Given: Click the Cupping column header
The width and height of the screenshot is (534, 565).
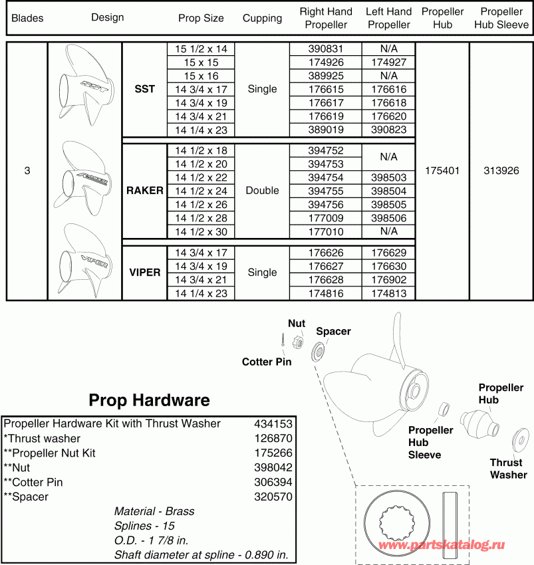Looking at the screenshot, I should pyautogui.click(x=262, y=18).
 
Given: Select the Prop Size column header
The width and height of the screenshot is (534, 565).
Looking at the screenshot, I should pyautogui.click(x=201, y=18).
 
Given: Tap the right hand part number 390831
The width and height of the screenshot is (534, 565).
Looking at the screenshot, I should pyautogui.click(x=325, y=49).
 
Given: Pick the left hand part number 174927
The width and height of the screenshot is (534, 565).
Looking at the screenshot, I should pyautogui.click(x=388, y=62).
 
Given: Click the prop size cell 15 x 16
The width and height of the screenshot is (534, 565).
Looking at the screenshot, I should pyautogui.click(x=201, y=75).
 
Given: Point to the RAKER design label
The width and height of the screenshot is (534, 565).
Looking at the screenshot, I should pyautogui.click(x=144, y=190).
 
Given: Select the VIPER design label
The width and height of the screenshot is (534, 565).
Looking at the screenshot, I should pyautogui.click(x=144, y=273).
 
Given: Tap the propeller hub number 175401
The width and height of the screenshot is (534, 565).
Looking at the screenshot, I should pyautogui.click(x=442, y=170).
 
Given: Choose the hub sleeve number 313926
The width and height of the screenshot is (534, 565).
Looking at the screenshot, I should pyautogui.click(x=501, y=170).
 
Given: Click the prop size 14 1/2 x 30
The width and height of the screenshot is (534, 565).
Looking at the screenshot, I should pyautogui.click(x=201, y=231).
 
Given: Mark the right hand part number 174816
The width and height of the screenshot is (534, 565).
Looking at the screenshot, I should pyautogui.click(x=325, y=293).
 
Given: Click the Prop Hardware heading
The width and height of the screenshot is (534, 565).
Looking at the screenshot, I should pyautogui.click(x=149, y=400).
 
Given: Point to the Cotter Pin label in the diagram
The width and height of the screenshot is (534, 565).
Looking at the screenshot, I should pyautogui.click(x=267, y=362).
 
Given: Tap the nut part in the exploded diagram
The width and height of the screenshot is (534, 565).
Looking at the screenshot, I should pyautogui.click(x=299, y=342).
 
